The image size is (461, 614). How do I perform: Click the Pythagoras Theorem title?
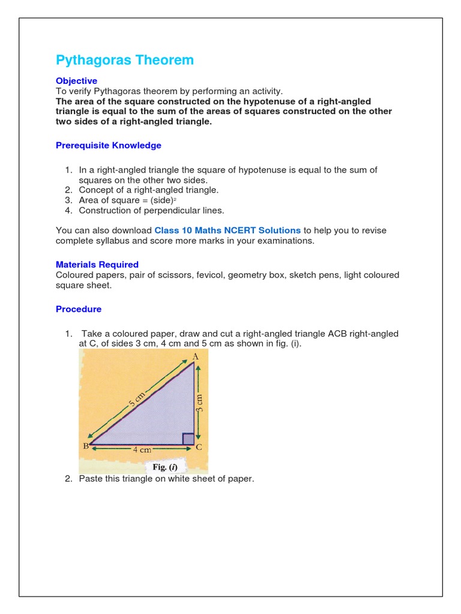pos(125,60)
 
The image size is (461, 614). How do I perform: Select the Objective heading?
pos(76,80)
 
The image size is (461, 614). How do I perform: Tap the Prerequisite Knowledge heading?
pos(108,145)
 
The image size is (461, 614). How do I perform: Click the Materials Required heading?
pos(97,264)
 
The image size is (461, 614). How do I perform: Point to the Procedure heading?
pos(79,309)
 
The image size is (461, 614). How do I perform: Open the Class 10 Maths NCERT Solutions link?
pos(227,230)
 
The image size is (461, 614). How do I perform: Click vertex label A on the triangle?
pos(194,357)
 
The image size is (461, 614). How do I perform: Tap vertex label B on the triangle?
pos(85,446)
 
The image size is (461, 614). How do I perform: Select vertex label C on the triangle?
pos(199,447)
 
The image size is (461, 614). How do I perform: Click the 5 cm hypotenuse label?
pos(136,398)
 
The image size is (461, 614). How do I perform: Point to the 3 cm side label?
pos(200,401)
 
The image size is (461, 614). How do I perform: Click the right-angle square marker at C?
pos(188,439)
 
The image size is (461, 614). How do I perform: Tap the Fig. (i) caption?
pos(165,467)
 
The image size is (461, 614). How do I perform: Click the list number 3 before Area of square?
pos(68,200)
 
